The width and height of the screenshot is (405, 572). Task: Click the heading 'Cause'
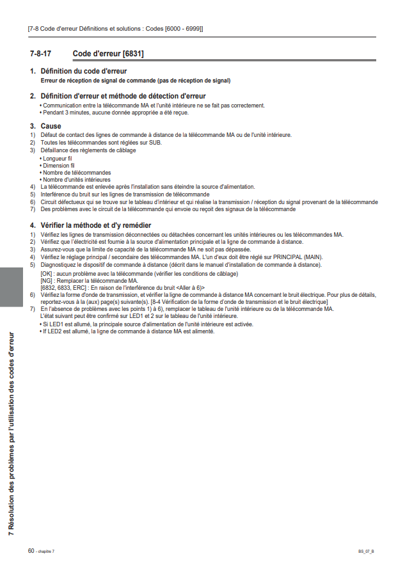point(51,126)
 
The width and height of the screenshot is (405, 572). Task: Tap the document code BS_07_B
point(366,552)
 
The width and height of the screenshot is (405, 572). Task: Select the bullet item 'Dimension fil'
point(58,165)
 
